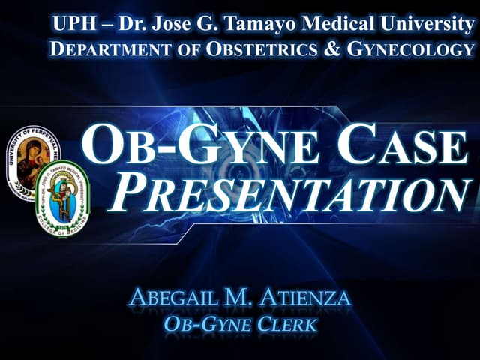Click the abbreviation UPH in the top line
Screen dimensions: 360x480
(72, 24)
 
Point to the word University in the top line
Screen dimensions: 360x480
(426, 24)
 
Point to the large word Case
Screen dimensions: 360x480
(400, 147)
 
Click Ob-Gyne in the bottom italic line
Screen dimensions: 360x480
(203, 325)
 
